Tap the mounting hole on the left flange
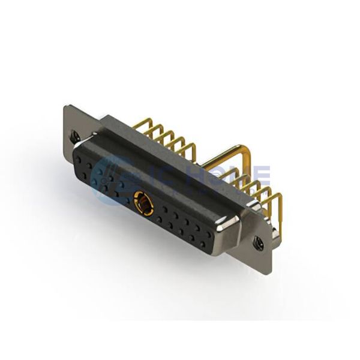74,136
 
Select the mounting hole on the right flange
259,243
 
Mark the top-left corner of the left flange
65,107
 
